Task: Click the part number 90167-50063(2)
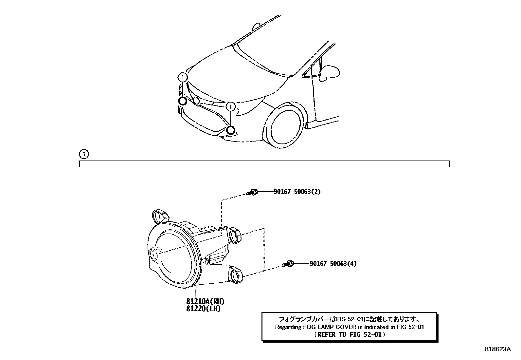(x=297, y=192)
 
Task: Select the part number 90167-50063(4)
(x=333, y=263)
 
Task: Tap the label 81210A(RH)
(x=205, y=301)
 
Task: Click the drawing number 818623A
(x=497, y=349)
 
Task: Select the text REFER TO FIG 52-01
(x=350, y=334)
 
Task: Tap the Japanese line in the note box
(x=350, y=319)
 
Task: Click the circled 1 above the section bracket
(x=84, y=154)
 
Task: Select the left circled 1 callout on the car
(x=183, y=78)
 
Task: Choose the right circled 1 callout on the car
(x=231, y=106)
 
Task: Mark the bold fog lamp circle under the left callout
(x=183, y=101)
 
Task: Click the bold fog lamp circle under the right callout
(x=231, y=130)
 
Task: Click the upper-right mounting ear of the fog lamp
(x=235, y=235)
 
